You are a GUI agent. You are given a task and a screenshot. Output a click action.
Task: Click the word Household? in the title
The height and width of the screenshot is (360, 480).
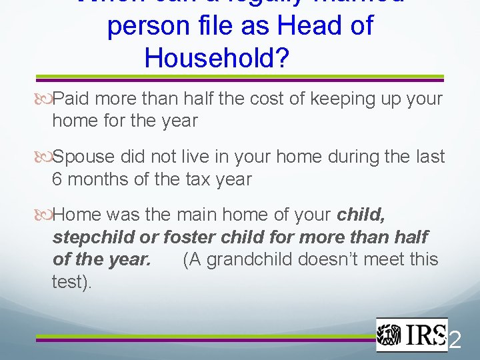[x=217, y=59]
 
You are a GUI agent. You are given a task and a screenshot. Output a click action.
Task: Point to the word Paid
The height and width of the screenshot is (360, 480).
[x=73, y=99]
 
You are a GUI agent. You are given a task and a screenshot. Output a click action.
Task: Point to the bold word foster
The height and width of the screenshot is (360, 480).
[x=191, y=237]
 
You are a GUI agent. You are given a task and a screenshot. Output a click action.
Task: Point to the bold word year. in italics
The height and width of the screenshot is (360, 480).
[x=131, y=259]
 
